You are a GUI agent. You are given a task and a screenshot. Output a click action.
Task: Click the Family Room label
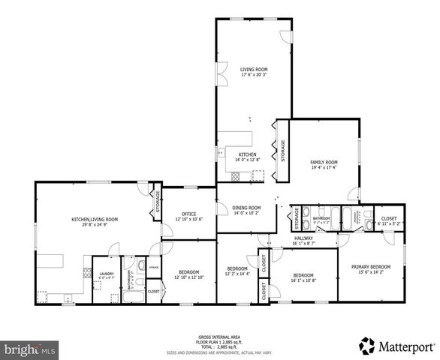tap(324, 162)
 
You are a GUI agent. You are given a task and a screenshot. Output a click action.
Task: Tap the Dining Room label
tap(247, 208)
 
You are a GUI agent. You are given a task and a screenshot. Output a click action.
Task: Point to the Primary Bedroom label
tap(371, 267)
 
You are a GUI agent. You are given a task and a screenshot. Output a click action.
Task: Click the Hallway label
tap(303, 238)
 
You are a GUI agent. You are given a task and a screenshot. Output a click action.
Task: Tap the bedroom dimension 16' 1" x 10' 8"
tap(303, 280)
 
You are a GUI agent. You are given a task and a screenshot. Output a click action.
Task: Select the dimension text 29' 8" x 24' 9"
tap(95, 224)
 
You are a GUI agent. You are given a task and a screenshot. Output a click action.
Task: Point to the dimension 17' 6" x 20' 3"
tap(254, 74)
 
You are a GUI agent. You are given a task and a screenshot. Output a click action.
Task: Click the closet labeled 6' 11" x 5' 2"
tap(389, 223)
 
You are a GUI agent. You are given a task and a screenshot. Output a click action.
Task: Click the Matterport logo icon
tap(367, 346)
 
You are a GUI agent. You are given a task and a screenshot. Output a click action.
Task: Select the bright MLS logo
tap(30, 349)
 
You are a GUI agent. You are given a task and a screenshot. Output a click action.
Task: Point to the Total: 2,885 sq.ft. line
tap(220, 347)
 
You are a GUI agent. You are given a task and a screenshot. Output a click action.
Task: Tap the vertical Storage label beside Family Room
tap(283, 151)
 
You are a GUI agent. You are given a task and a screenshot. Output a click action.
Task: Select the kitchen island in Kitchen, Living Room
tap(50, 262)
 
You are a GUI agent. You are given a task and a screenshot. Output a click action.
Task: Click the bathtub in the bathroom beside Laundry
tap(135, 298)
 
